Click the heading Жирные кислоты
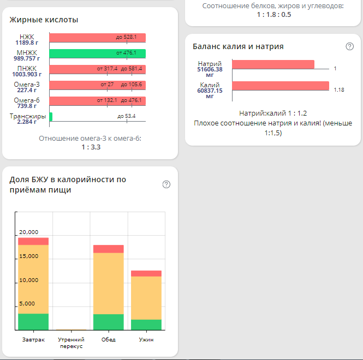click(x=44, y=20)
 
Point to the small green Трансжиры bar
click(x=51, y=117)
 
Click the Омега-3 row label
click(x=27, y=84)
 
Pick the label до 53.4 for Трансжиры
click(x=126, y=116)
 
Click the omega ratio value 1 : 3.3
click(x=90, y=147)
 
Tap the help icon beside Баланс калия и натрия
click(x=350, y=46)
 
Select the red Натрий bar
click(x=273, y=64)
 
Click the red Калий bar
click(x=280, y=86)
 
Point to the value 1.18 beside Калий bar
click(x=339, y=90)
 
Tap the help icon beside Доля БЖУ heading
click(x=166, y=184)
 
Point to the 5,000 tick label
click(x=28, y=304)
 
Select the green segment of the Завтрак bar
click(x=33, y=322)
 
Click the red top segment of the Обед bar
click(x=109, y=249)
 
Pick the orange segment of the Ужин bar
click(x=146, y=297)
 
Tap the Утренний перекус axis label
click(x=71, y=343)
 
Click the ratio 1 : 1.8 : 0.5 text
click(x=273, y=15)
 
